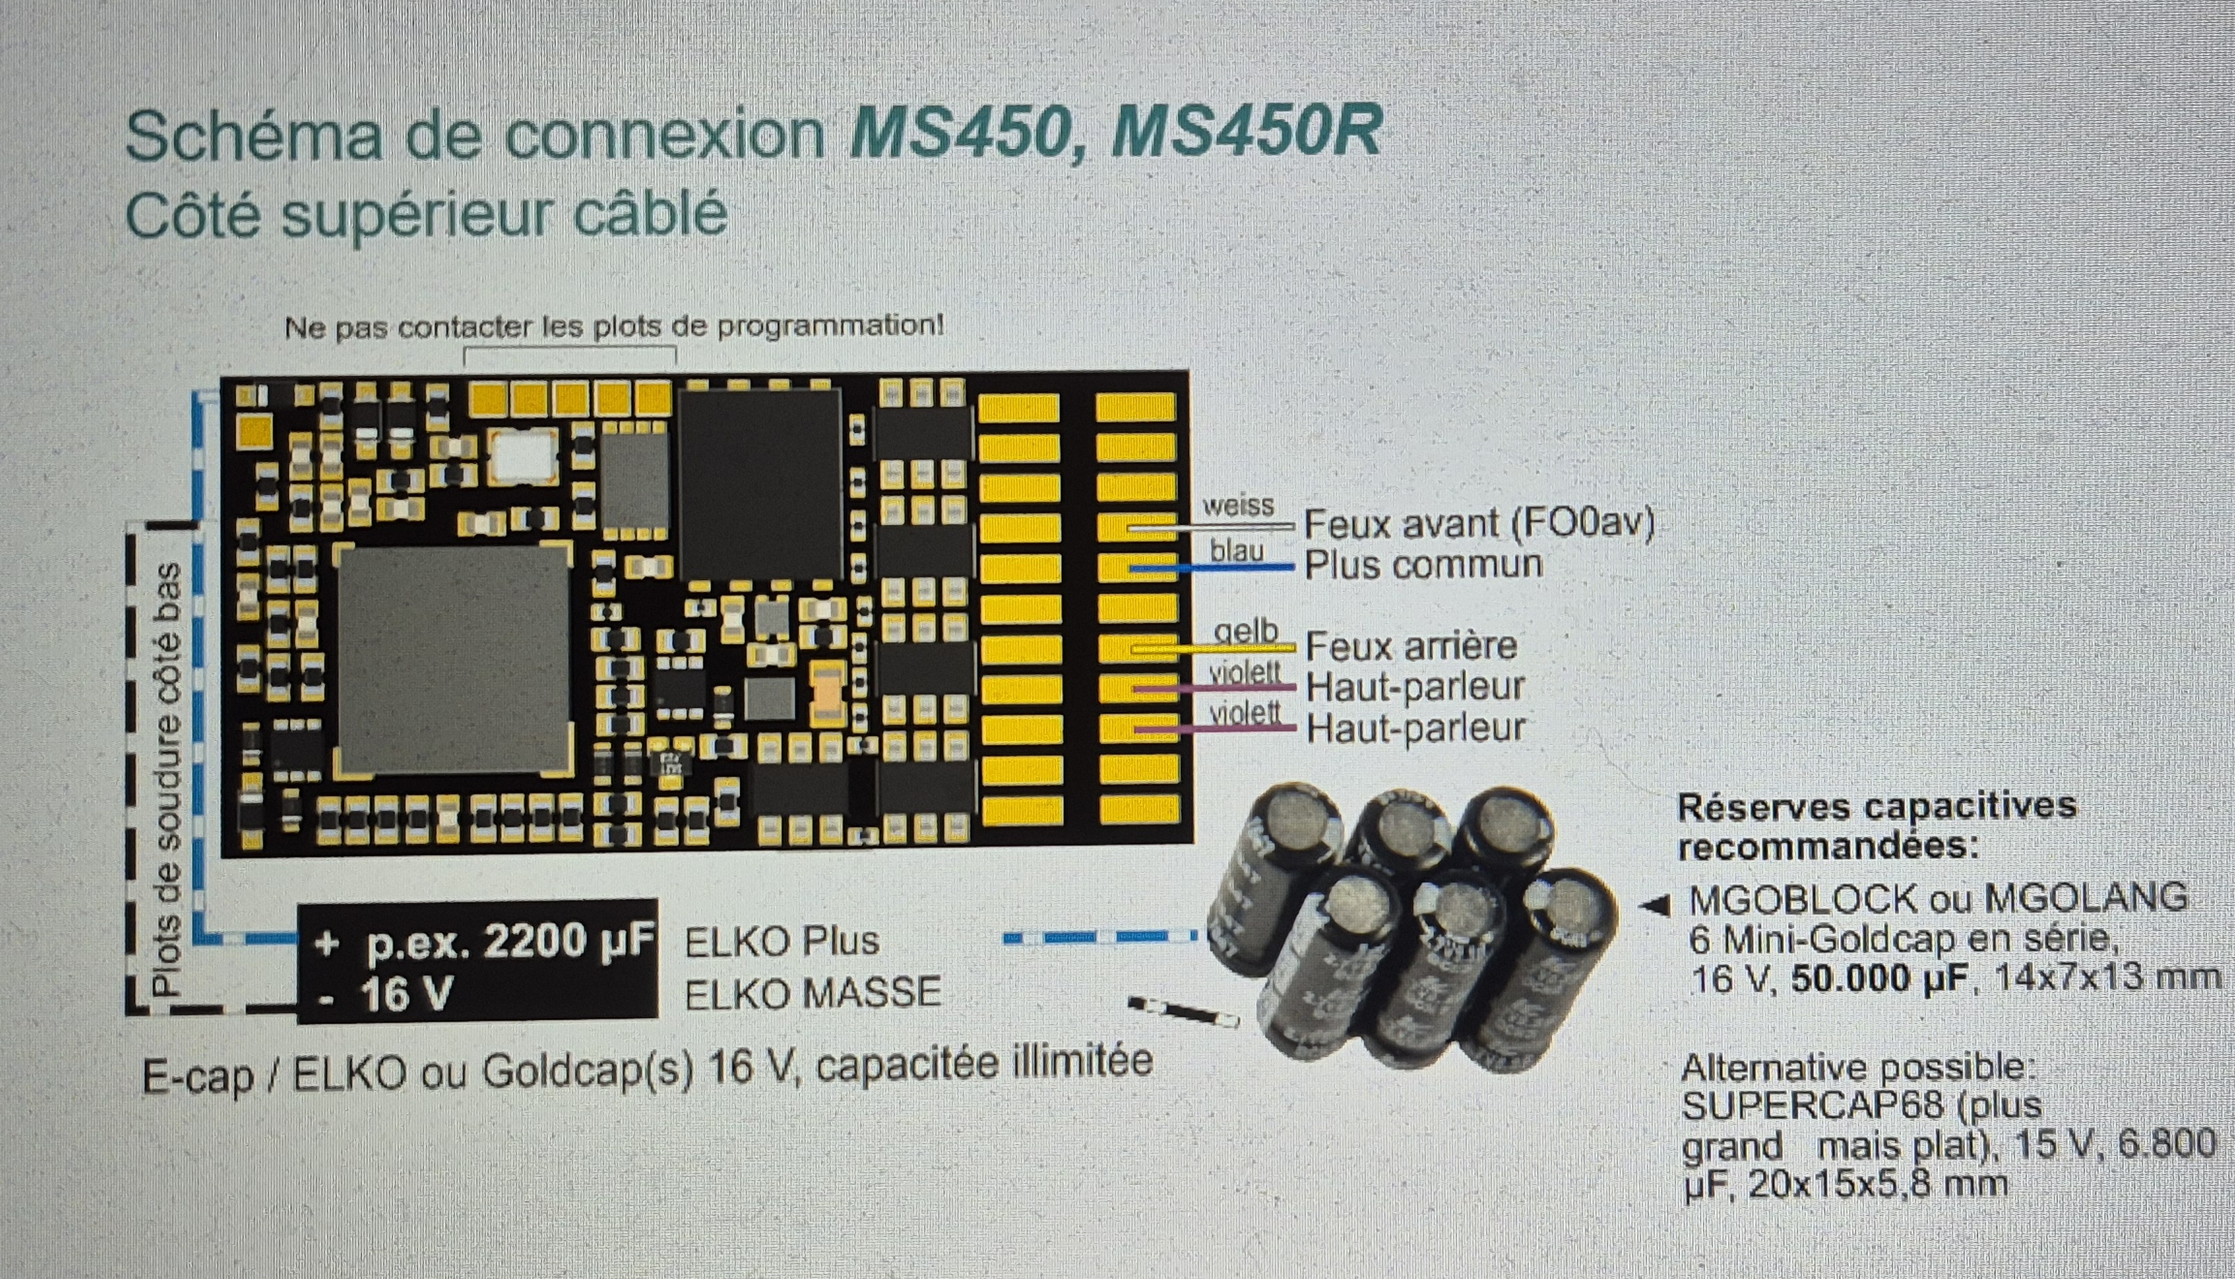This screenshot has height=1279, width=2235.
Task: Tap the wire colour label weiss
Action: (1238, 506)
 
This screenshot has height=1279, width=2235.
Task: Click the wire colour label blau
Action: (1237, 551)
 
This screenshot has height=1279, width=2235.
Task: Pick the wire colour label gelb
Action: (1246, 632)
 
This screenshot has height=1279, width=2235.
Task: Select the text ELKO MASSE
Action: (813, 994)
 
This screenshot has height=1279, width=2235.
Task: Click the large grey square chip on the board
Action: (453, 658)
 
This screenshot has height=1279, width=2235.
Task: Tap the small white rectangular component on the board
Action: (525, 455)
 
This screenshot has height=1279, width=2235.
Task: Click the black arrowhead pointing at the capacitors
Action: (1656, 905)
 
